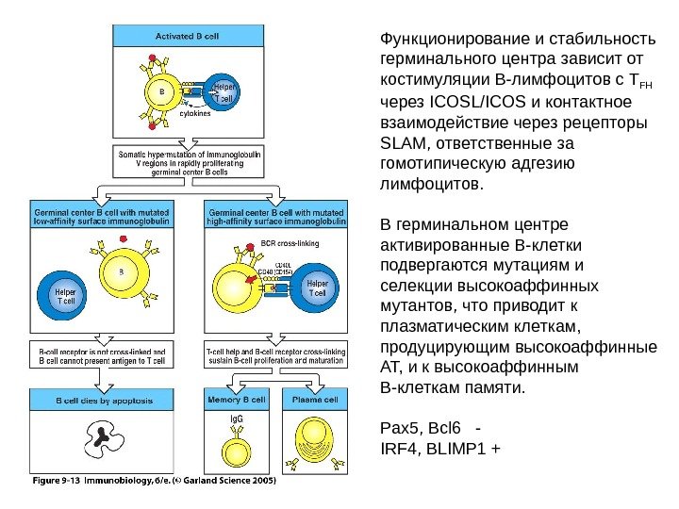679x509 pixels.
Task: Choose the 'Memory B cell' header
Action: (237, 400)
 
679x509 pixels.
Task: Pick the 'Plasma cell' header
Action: (319, 400)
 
